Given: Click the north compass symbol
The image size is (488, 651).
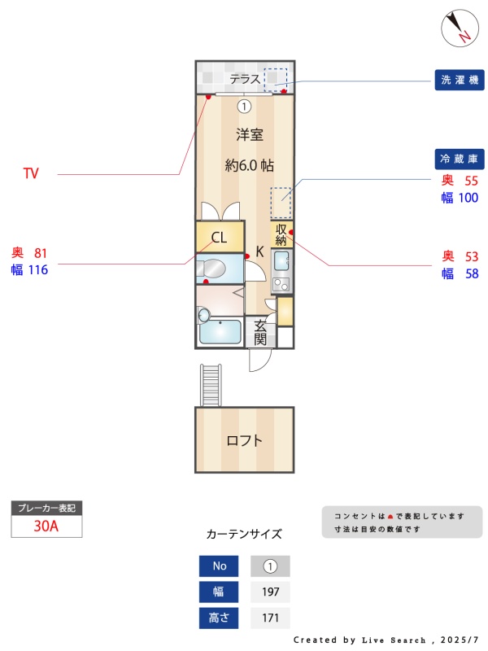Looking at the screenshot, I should coord(460,27).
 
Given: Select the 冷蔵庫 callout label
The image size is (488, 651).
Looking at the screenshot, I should coord(460,158).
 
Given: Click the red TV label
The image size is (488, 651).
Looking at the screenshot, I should coord(31,173).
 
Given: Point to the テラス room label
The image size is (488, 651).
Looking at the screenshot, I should coord(244,79).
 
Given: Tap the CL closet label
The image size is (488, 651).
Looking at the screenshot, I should coord(219,238).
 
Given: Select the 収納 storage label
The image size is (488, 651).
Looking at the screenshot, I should coord(281,234).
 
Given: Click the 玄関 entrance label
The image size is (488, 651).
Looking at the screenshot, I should coord(260,332).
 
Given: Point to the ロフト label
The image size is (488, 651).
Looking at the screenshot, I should coord(244,441).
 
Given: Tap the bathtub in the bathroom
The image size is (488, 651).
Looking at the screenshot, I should coord(220,332).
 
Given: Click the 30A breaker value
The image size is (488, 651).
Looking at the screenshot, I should coord(46,526).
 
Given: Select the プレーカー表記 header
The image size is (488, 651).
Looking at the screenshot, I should coord(46,509).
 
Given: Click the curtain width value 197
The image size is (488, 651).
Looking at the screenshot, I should coord(270,592).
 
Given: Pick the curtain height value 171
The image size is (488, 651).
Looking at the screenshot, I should coord(270,618).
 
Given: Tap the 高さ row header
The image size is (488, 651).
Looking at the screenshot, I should coord(220,618).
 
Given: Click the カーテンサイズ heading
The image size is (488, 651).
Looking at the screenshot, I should coord(244,535).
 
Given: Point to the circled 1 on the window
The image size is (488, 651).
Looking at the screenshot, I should coord(244,106).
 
